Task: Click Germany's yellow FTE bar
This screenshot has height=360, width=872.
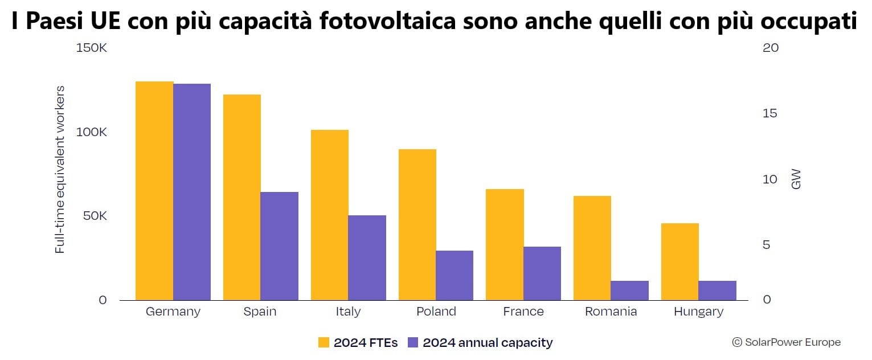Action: (154, 191)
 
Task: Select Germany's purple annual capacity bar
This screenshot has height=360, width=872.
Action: (192, 192)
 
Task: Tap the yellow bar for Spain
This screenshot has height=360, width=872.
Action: (241, 197)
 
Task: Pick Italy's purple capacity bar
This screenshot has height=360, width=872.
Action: (367, 257)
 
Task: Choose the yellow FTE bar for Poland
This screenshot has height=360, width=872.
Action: (417, 224)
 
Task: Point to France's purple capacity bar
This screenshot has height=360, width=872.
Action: (542, 273)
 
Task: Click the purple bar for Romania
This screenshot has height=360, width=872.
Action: (629, 291)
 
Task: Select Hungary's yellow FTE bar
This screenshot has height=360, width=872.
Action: (679, 261)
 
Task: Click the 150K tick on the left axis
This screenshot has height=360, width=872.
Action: (91, 48)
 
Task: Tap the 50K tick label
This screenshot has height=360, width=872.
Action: (93, 216)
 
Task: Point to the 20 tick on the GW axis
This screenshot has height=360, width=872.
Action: (770, 48)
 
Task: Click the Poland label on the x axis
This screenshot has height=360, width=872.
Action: (436, 312)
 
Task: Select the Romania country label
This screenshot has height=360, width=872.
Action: (611, 312)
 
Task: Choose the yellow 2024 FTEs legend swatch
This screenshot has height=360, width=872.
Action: (324, 342)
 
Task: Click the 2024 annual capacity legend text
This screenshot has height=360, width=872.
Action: (488, 342)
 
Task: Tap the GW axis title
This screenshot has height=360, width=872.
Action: (796, 178)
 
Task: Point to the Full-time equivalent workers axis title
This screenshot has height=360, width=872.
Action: (60, 170)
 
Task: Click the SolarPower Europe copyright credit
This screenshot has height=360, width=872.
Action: (786, 342)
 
